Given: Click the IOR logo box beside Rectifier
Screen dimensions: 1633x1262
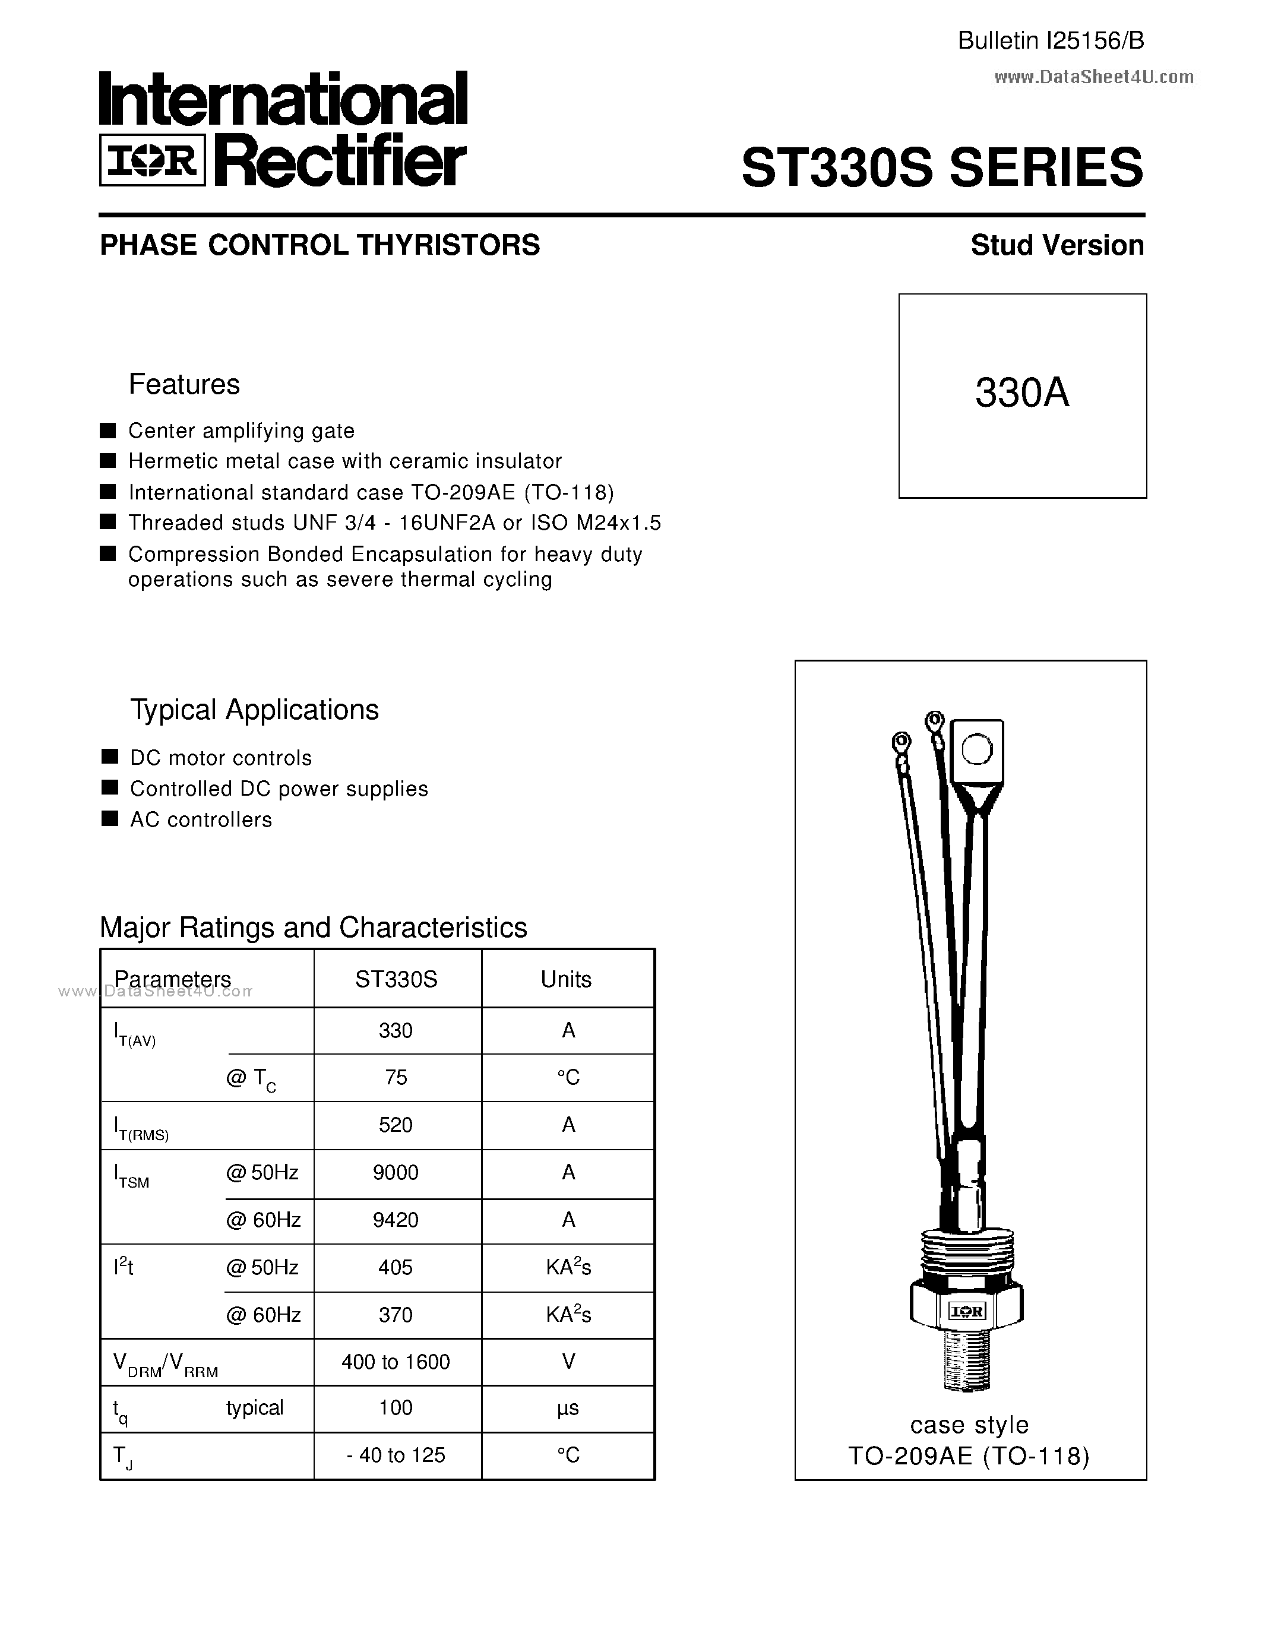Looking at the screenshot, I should pyautogui.click(x=153, y=160).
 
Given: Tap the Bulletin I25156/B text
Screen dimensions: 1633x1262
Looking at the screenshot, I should pyautogui.click(x=1051, y=41).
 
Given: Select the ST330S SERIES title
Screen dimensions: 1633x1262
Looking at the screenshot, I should pyautogui.click(x=941, y=167).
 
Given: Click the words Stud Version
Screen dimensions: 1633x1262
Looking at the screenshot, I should pyautogui.click(x=1057, y=245).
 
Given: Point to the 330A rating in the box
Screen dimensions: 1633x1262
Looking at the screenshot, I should pyautogui.click(x=1021, y=393).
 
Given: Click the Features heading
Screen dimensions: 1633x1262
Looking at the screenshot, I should pyautogui.click(x=184, y=384).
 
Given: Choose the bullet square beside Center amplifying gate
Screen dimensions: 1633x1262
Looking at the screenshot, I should pyautogui.click(x=109, y=430).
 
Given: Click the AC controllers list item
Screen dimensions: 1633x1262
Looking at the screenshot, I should pyautogui.click(x=200, y=819).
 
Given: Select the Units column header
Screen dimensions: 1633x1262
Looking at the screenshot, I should pyautogui.click(x=566, y=979).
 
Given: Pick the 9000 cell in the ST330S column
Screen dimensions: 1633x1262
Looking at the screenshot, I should pyautogui.click(x=396, y=1172).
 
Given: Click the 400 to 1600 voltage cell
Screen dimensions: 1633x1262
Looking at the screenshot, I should pyautogui.click(x=396, y=1362).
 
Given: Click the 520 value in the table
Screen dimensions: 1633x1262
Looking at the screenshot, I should pyautogui.click(x=396, y=1125).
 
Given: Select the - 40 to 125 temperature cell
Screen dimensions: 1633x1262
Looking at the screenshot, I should pyautogui.click(x=396, y=1455).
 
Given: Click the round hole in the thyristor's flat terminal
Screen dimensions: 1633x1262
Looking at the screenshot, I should pyautogui.click(x=976, y=749).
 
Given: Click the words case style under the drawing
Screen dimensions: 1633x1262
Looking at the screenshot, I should pyautogui.click(x=969, y=1425).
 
